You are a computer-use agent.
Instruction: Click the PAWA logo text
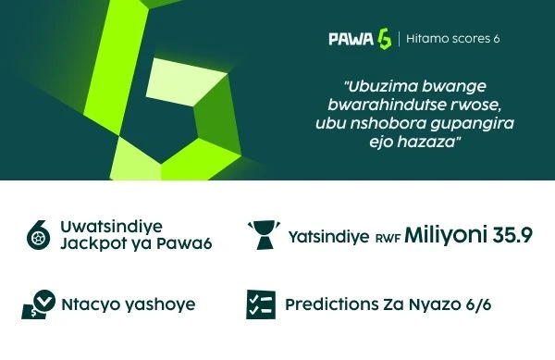351,39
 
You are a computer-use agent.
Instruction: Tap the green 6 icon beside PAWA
384,39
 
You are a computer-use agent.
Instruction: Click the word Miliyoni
449,234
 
